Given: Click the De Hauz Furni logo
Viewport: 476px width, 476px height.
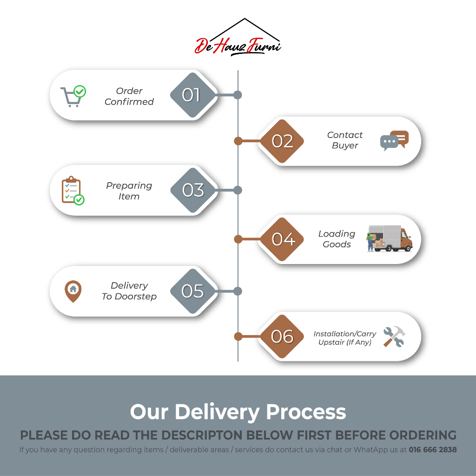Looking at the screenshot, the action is [238, 39].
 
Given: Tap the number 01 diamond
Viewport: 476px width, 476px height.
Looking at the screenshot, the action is [192, 95].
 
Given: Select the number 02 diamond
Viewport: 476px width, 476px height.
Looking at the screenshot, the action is [282, 141].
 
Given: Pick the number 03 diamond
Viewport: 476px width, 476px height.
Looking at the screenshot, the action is [193, 190].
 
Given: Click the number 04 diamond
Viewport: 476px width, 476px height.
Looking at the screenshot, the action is [283, 239].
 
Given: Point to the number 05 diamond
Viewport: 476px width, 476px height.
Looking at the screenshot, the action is [192, 291].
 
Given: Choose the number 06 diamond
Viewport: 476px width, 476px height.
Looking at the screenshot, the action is [282, 336].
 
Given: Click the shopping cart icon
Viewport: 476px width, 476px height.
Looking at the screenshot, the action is [73, 96].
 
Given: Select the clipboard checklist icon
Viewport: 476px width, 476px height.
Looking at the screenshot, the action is [73, 191].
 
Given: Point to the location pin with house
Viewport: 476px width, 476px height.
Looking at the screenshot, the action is [73, 291].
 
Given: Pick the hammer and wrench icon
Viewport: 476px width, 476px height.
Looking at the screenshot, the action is [394, 337].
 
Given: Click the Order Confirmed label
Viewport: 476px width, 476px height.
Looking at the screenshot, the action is [129, 96].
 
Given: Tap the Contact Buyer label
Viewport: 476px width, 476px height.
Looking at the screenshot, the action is [344, 140].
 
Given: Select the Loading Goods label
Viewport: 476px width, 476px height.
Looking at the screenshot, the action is [337, 239].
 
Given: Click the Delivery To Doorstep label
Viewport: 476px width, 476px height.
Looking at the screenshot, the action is [129, 291].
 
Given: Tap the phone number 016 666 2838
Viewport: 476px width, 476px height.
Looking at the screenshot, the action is [432, 450].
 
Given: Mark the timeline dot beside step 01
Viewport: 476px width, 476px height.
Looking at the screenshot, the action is [238, 95].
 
